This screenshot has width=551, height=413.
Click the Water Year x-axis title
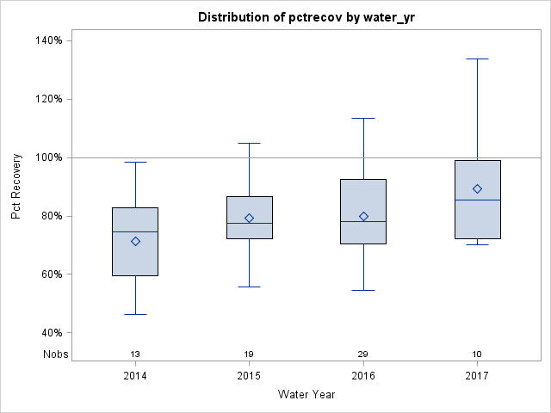(x=306, y=395)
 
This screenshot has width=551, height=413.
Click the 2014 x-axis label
(x=135, y=376)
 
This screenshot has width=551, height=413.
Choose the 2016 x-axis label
(x=363, y=376)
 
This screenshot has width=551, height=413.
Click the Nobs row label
(x=55, y=354)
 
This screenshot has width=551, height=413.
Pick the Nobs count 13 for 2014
(x=135, y=354)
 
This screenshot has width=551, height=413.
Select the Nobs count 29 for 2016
(x=363, y=354)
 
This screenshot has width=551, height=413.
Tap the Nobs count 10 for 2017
(x=477, y=354)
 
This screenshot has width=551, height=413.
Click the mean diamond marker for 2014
(x=135, y=242)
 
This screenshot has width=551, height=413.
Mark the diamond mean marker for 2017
(x=477, y=189)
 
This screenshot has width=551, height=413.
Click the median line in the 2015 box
(x=249, y=223)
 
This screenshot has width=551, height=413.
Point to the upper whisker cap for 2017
(x=477, y=59)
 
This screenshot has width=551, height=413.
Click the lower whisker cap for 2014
(x=135, y=314)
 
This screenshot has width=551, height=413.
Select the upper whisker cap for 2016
(x=363, y=118)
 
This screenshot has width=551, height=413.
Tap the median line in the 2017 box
(x=477, y=200)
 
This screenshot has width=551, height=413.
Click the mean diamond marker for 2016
(x=363, y=217)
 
